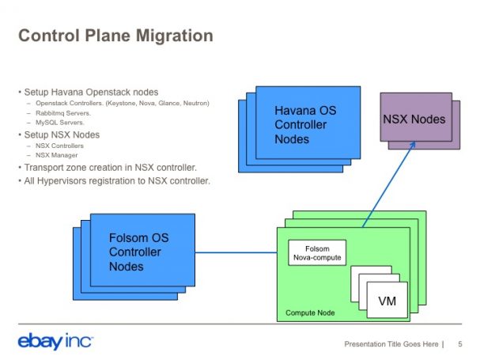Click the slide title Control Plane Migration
pos(115,36)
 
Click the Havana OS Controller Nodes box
pos(304,124)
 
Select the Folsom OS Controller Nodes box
pos(138,252)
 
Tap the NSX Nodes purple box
pos(414,119)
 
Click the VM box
pos(387,301)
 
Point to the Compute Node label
pos(310,313)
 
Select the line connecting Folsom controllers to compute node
pos(236,253)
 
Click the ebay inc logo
pos(55,342)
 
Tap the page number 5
pos(460,344)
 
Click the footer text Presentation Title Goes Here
pos(391,344)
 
